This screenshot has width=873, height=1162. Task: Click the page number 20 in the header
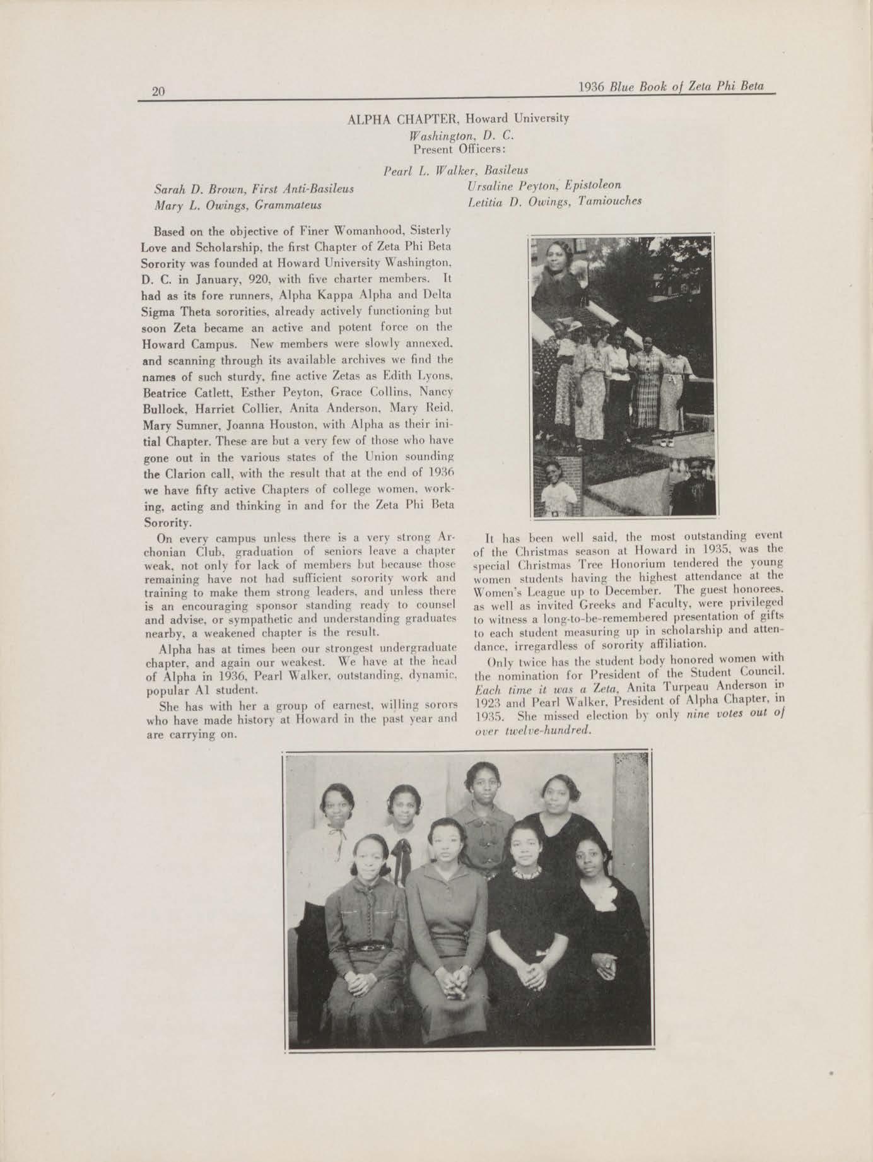click(x=158, y=91)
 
